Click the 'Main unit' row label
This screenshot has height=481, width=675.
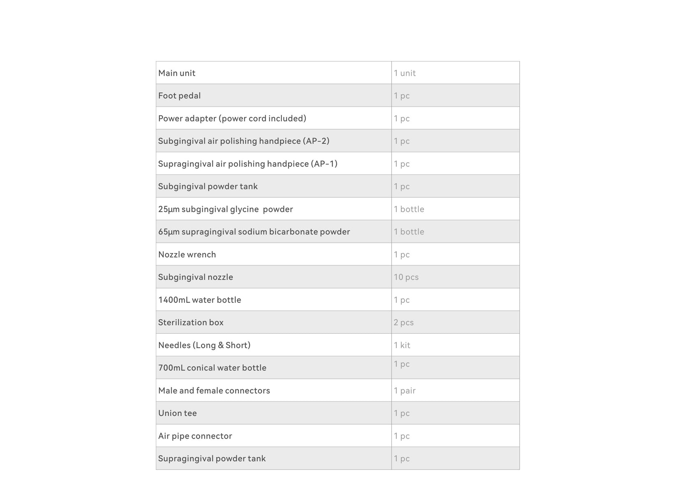tap(177, 73)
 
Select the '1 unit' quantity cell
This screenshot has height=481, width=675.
tap(405, 73)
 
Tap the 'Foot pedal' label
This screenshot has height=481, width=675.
tap(179, 96)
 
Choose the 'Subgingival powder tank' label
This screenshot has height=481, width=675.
tap(208, 186)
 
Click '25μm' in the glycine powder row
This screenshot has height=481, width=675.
tap(169, 209)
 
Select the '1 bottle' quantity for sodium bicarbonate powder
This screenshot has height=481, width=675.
tap(409, 232)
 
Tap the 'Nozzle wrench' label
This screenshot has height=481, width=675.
tap(187, 255)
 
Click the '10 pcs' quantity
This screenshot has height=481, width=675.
tap(406, 277)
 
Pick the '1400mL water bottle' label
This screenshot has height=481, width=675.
tap(200, 300)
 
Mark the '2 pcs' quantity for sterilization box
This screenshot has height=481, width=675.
tap(403, 323)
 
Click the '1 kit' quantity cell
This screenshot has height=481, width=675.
tap(402, 345)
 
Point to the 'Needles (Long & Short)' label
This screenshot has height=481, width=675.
tap(204, 345)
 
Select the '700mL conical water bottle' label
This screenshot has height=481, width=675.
tap(212, 368)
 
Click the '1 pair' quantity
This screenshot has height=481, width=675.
tap(405, 390)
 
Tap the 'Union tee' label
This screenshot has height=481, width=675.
tap(177, 413)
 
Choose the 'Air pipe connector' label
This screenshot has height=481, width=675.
tap(195, 436)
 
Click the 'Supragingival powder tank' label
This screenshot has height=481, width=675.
tap(212, 459)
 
